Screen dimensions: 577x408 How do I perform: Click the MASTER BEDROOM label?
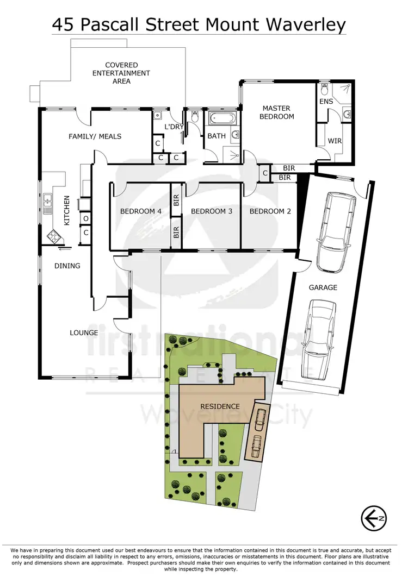coord(276,112)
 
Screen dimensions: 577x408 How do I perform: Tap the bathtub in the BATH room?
coord(222,118)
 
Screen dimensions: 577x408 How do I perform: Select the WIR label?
coord(335,141)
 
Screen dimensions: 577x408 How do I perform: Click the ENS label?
coord(326,102)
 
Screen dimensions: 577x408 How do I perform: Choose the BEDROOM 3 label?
coord(212,211)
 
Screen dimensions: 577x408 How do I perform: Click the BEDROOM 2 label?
coord(270,211)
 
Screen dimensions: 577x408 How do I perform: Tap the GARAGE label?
coord(323,287)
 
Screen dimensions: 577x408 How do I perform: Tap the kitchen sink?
coord(47,202)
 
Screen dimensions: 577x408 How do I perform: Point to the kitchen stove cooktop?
coord(55,236)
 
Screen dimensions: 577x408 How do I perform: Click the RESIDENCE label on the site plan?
coord(220,406)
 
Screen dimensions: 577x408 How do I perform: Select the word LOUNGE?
coord(84,333)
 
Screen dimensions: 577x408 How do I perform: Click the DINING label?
coord(67,266)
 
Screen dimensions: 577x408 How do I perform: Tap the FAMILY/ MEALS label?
coord(95,136)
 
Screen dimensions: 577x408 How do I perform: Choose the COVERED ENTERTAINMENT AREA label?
coord(121,73)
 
